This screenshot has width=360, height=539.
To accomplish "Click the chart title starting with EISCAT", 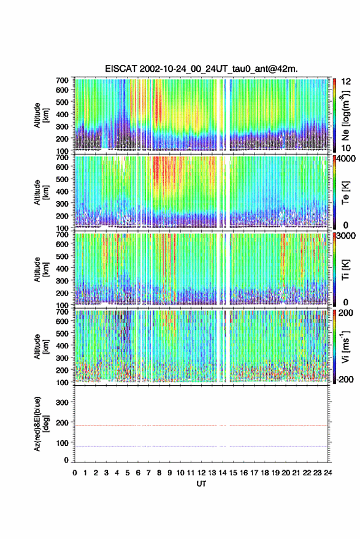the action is [202, 69].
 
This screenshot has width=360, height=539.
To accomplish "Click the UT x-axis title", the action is [201, 484].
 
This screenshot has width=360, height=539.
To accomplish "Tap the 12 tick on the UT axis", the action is [202, 473].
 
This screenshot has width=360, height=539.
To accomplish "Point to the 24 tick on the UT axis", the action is [328, 473].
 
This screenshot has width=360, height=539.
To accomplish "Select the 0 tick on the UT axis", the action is [75, 473].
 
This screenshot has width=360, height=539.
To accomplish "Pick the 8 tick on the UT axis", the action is [159, 473].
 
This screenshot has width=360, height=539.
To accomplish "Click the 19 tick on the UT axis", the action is [275, 473].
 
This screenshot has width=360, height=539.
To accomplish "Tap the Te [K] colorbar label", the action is [345, 193].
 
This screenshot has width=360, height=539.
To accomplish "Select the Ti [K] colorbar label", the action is [345, 270].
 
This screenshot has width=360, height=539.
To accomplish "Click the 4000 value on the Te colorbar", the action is [347, 159].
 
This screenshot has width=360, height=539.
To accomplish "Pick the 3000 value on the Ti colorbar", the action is [347, 236].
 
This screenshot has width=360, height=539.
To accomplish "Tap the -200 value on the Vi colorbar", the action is [345, 380].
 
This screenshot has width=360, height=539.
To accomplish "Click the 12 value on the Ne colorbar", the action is [347, 82].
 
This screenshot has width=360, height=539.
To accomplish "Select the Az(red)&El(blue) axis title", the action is [42, 424].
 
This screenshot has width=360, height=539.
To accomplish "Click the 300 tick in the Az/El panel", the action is [63, 402].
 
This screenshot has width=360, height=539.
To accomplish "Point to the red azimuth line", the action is [201, 426].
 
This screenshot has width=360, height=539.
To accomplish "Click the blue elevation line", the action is [201, 446].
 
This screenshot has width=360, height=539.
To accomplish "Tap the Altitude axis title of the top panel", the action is [42, 115].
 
